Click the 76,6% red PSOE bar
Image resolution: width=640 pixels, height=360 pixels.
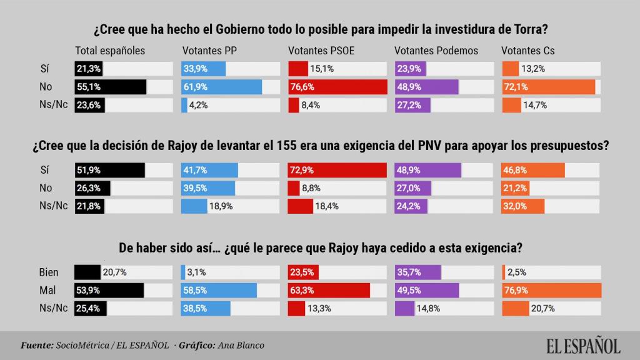[337, 87]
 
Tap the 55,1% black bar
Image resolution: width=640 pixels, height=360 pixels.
[110, 87]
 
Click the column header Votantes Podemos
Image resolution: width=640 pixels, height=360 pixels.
[436, 51]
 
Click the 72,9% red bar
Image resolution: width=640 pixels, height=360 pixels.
[337, 170]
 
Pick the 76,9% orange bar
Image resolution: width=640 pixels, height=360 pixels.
[551, 290]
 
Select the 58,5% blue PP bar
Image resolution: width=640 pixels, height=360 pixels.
[219, 290]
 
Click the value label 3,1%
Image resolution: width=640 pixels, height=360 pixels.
[197, 272]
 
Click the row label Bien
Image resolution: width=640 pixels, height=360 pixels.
[48, 272]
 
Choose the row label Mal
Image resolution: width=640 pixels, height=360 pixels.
[48, 290]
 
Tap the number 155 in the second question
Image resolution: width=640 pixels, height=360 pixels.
[276, 145]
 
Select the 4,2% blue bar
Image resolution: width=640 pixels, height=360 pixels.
[184, 105]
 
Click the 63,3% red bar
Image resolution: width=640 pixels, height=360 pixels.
[329, 290]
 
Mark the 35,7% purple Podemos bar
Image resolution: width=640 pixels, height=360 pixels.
[418, 272]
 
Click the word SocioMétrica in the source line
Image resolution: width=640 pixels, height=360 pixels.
[81, 344]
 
